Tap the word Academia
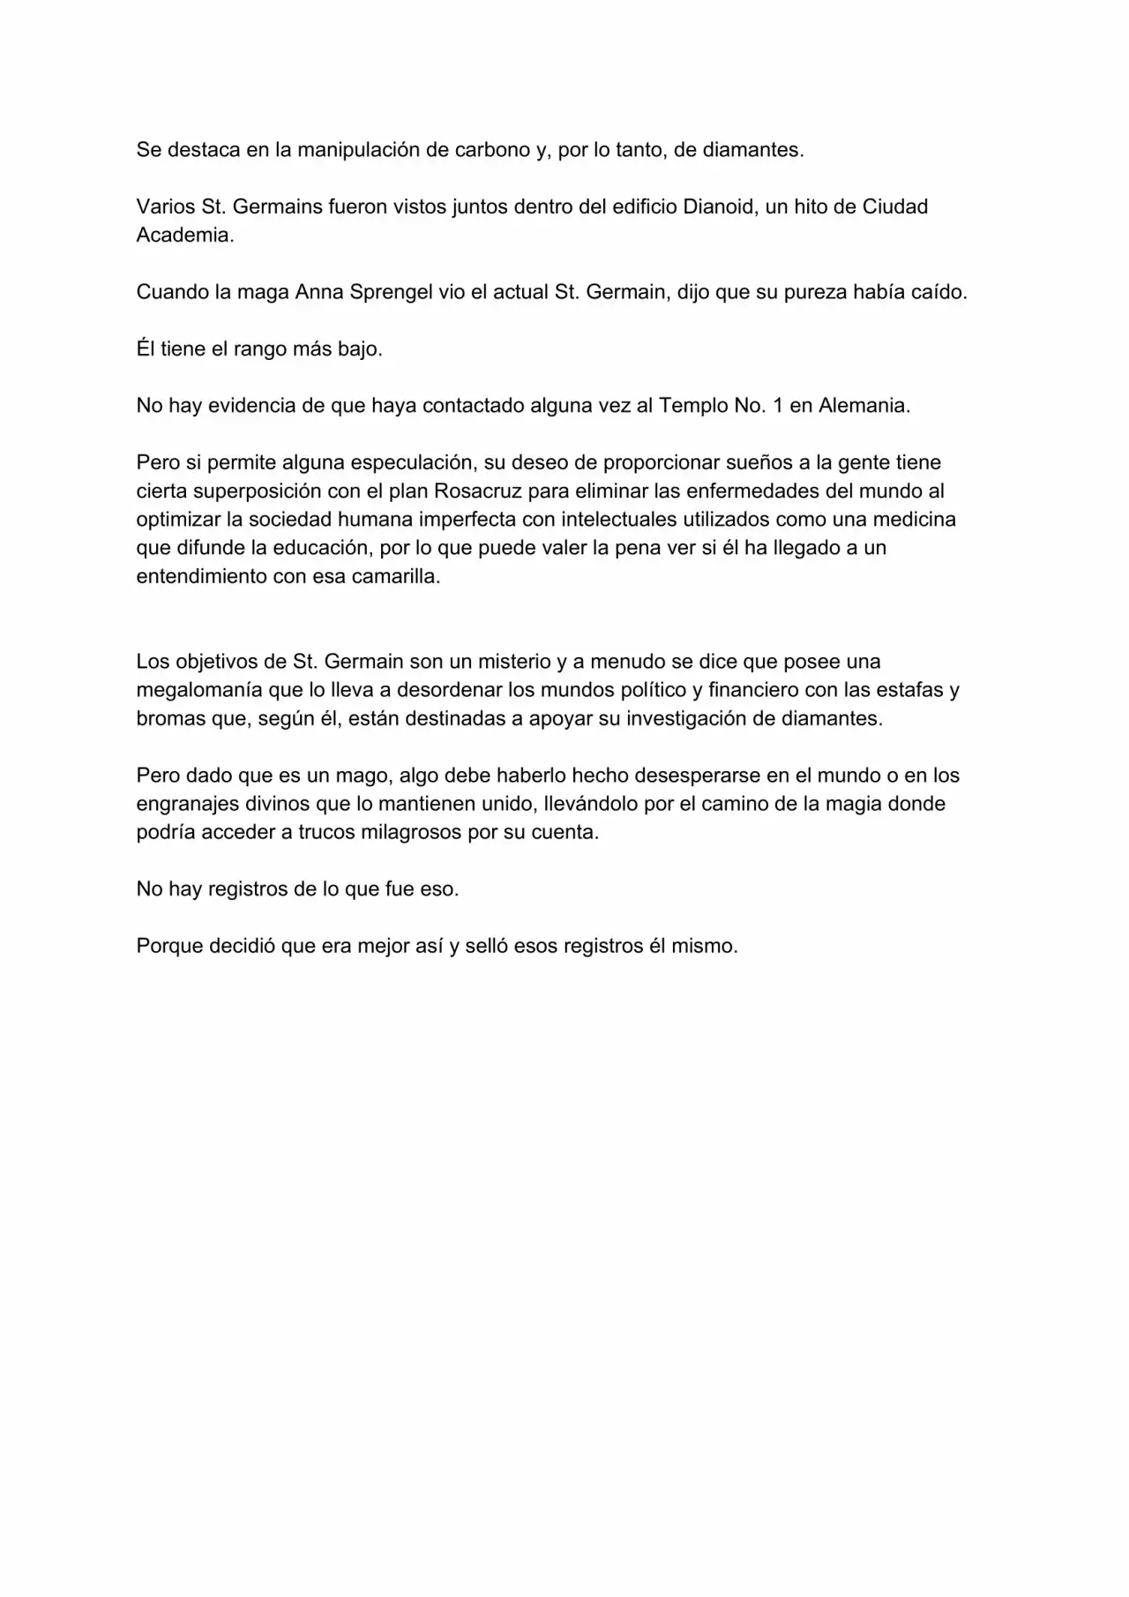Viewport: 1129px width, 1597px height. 184,236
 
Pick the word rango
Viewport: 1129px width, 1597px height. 259,349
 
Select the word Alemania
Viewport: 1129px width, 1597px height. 864,406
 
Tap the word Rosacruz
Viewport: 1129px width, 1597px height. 477,491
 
